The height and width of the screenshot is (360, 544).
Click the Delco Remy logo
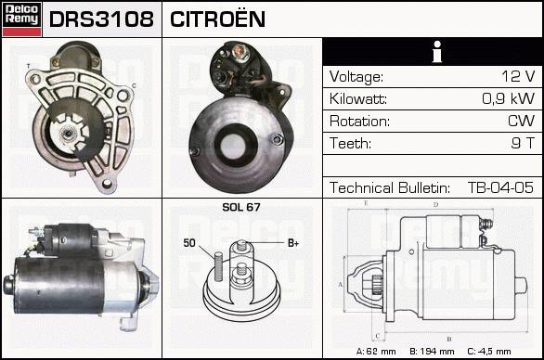click(x=22, y=19)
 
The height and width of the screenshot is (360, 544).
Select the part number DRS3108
click(x=101, y=19)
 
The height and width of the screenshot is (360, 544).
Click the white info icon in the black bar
click(x=437, y=52)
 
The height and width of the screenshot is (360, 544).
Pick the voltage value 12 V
click(x=518, y=76)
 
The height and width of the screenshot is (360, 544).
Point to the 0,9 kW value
click(x=509, y=98)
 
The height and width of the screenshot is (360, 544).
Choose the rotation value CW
click(x=521, y=121)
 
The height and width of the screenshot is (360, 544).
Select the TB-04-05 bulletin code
click(x=500, y=187)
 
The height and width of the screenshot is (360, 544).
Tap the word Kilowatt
click(x=358, y=99)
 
